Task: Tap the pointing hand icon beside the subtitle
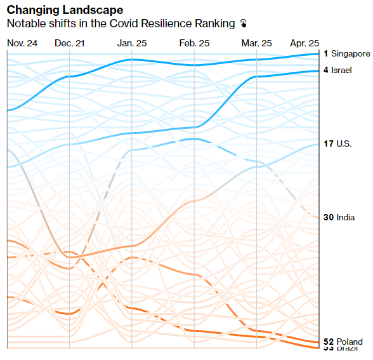coord(243,23)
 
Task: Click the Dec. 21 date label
coord(69,43)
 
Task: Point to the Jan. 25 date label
coord(132,43)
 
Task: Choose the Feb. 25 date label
coord(194,43)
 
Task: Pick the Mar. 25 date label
coord(256,43)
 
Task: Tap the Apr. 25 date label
coord(304,43)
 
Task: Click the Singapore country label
coord(351,54)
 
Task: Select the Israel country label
coord(341,70)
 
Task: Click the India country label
coord(346,218)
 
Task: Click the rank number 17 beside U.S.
coord(328,144)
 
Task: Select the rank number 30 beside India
coord(329,218)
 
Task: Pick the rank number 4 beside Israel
coord(326,70)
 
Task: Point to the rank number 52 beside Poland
coord(329,342)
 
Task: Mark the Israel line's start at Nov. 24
coord(8,110)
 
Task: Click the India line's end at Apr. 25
coord(318,218)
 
